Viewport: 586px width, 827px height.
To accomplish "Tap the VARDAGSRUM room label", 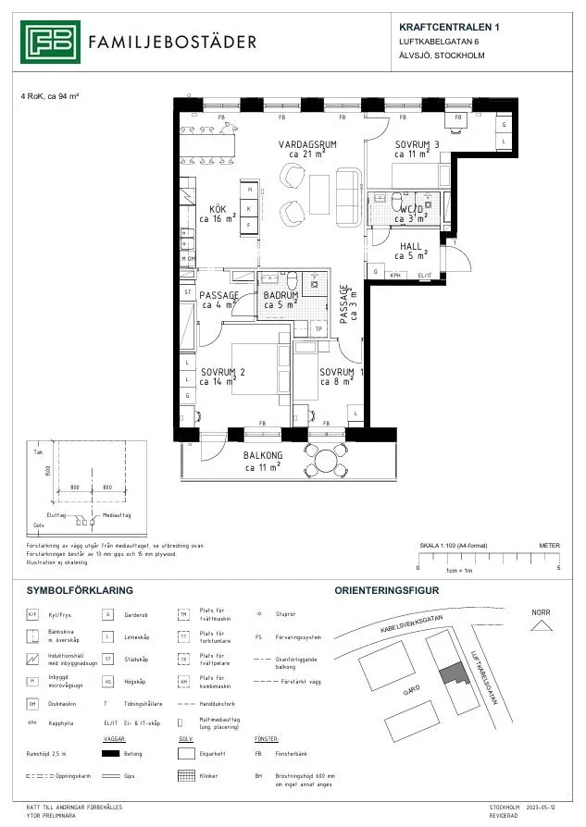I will pos(306,145).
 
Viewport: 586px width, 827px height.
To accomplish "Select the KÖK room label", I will pos(218,209).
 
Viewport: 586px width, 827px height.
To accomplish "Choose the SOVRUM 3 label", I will pos(417,145).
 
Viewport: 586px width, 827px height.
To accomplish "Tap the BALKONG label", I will pos(263,456).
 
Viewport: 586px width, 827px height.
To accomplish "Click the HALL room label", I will pos(410,247).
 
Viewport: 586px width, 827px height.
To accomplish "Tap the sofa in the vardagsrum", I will pos(350,196).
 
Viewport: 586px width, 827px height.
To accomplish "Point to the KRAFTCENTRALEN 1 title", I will pos(449,28).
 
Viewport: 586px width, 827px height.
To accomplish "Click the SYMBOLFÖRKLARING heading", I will pos(80,589).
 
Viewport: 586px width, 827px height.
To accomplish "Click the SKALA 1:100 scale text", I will pos(453,546).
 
